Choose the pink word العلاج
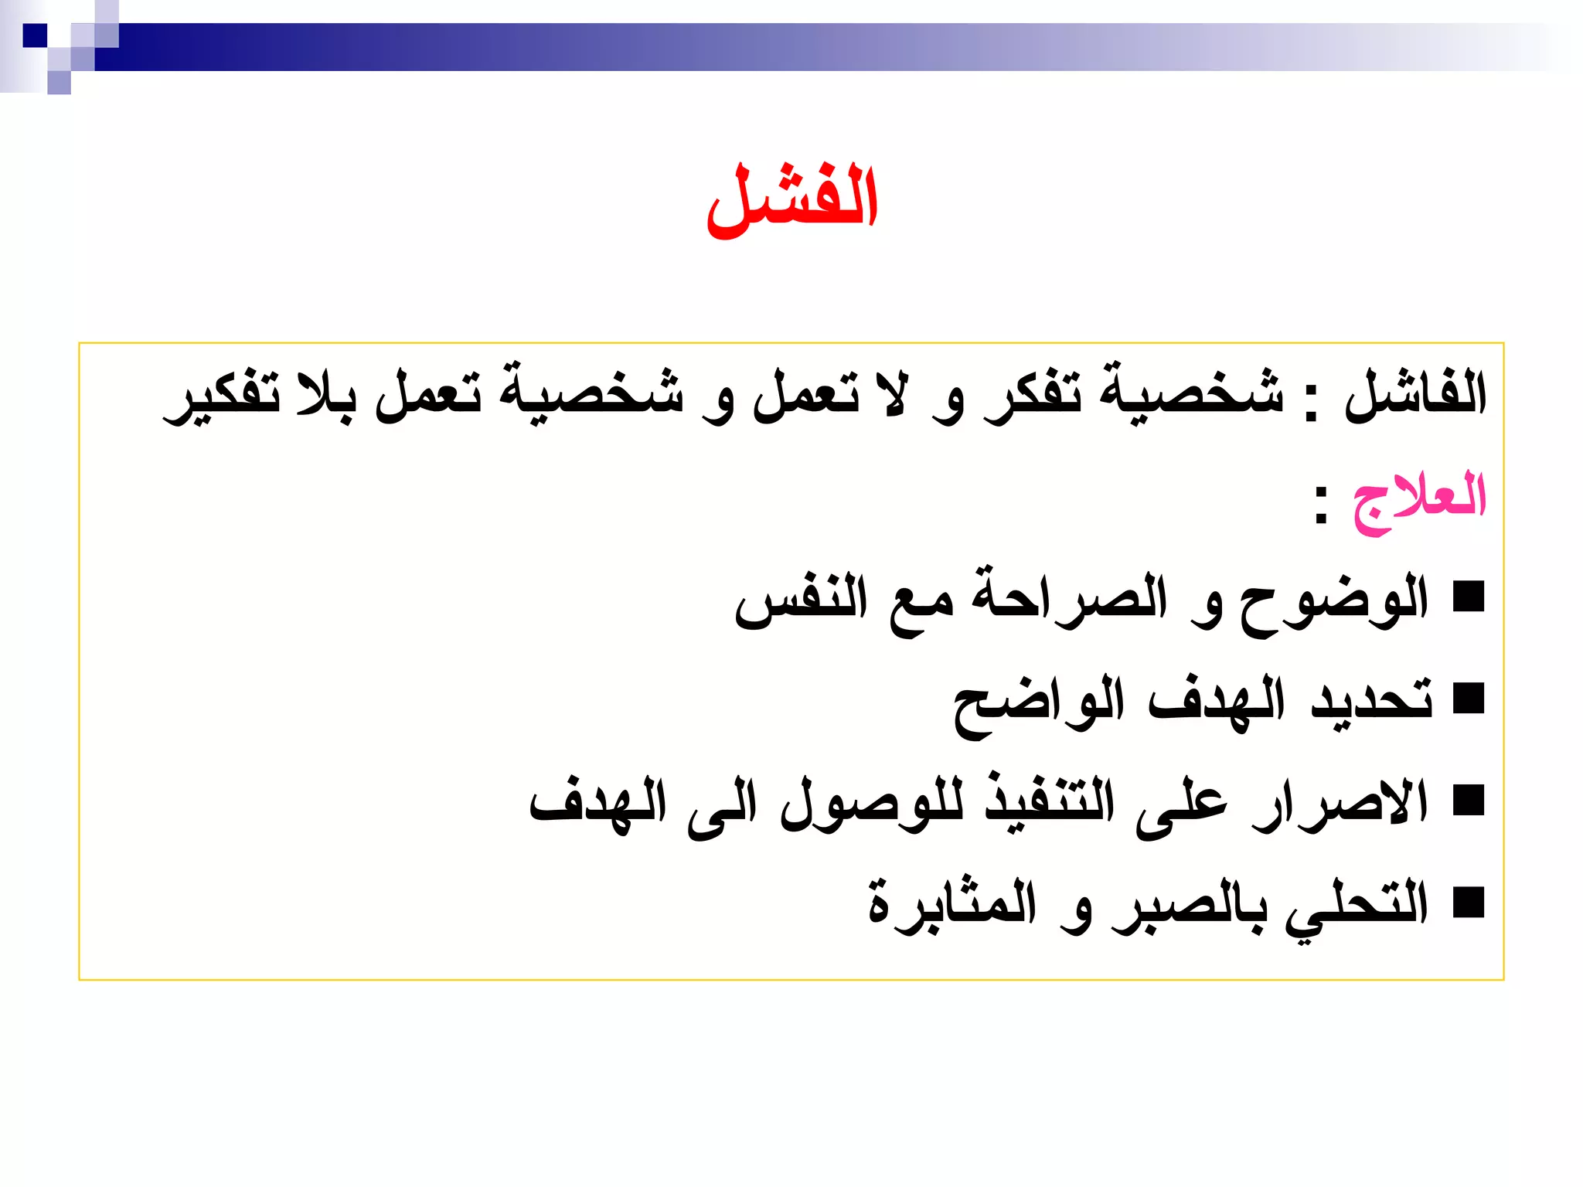click(x=1419, y=498)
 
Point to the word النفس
click(x=801, y=602)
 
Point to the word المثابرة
click(x=952, y=904)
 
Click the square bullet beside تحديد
click(x=1469, y=699)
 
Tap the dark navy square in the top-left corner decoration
click(x=35, y=36)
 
